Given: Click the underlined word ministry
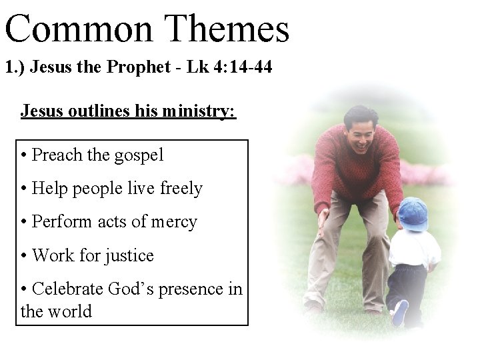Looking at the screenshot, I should (x=203, y=111).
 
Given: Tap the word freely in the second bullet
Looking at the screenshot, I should (x=181, y=189).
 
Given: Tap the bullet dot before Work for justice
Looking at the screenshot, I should (x=24, y=256).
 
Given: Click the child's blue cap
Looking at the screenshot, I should (x=413, y=213).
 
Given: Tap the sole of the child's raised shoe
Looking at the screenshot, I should (x=400, y=312).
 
